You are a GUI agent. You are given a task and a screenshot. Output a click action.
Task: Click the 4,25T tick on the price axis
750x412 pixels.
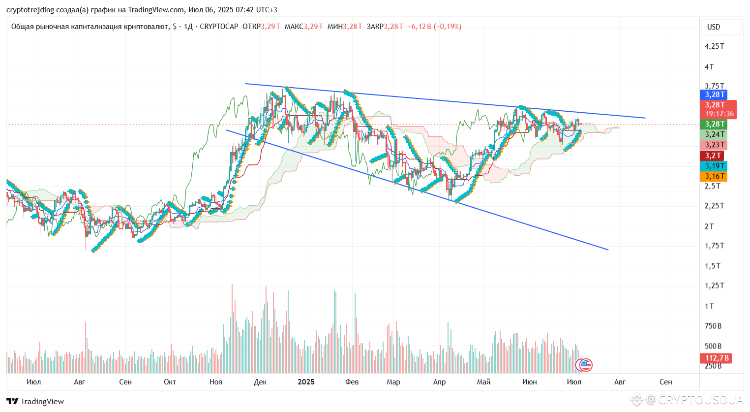[x=714, y=46]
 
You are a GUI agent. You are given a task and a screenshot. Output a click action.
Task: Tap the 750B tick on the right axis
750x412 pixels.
[x=713, y=326]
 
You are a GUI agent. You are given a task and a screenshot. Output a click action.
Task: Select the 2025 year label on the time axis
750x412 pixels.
[x=306, y=382]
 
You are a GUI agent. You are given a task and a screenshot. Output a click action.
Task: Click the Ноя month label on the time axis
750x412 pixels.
[x=215, y=382]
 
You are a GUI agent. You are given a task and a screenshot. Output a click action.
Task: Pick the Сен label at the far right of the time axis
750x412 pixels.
[x=665, y=382]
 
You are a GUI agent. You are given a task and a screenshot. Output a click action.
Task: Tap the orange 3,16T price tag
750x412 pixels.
[x=714, y=176]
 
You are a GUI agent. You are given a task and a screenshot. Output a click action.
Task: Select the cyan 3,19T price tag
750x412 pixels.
[x=714, y=166]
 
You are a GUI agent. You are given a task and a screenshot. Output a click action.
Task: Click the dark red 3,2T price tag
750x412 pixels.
[x=712, y=156]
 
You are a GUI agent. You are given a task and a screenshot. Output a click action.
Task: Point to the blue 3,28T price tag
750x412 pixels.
[x=714, y=95]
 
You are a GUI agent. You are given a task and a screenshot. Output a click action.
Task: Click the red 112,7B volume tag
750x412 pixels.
[x=716, y=358]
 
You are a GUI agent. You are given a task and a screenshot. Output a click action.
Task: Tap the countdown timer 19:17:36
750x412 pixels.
[x=720, y=114]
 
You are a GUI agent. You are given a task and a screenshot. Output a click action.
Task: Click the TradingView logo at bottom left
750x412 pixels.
[x=35, y=401]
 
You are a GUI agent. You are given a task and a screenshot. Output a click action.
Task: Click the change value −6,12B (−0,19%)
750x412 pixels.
[x=434, y=27]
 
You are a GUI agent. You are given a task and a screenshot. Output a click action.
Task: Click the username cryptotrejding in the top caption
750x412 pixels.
[x=30, y=10]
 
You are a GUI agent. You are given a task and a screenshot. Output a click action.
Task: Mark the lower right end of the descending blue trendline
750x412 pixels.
[x=608, y=250]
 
